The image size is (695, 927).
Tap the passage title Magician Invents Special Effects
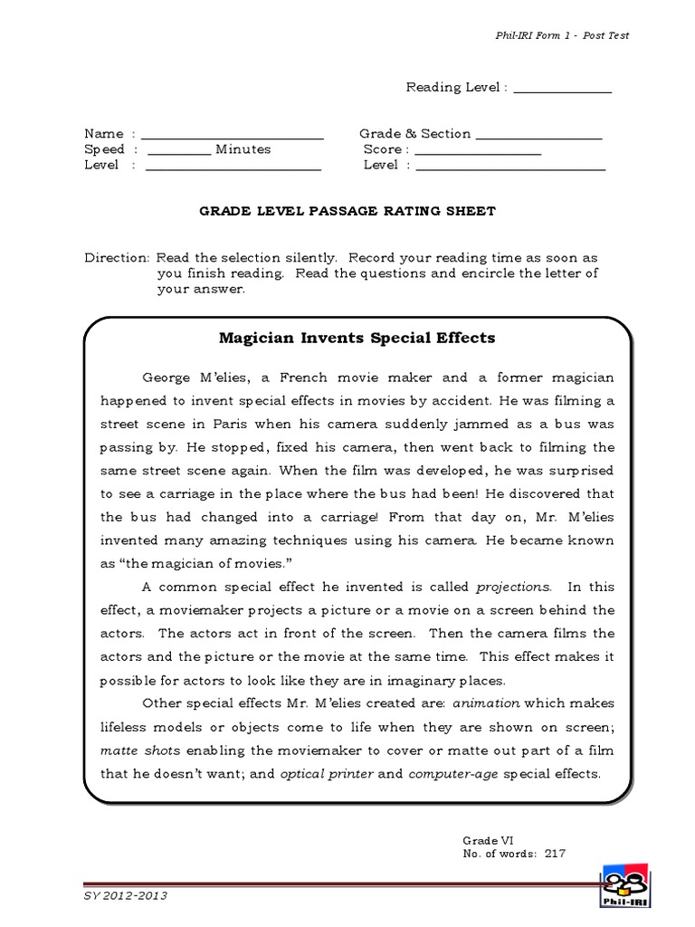[x=357, y=339]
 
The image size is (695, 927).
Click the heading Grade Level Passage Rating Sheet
[x=347, y=211]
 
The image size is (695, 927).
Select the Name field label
[x=102, y=134]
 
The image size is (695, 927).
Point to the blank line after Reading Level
[x=562, y=89]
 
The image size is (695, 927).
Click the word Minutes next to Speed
[x=243, y=149]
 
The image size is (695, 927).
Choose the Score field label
[x=383, y=149]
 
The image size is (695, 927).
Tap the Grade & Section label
[x=414, y=134]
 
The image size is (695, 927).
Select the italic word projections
[x=513, y=587]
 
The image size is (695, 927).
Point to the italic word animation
[x=489, y=703]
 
